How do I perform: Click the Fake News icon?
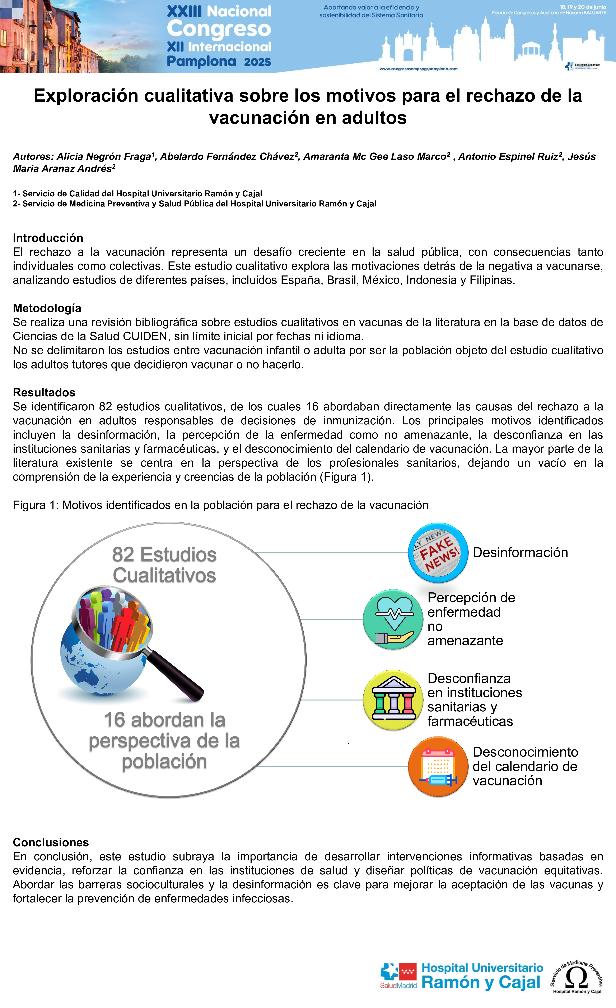pyautogui.click(x=438, y=553)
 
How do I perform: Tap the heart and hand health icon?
pyautogui.click(x=393, y=619)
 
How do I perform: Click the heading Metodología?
pyautogui.click(x=47, y=308)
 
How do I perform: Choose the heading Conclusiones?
pyautogui.click(x=51, y=842)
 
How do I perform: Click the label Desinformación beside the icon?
pyautogui.click(x=520, y=553)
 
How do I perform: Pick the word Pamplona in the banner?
pyautogui.click(x=201, y=61)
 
